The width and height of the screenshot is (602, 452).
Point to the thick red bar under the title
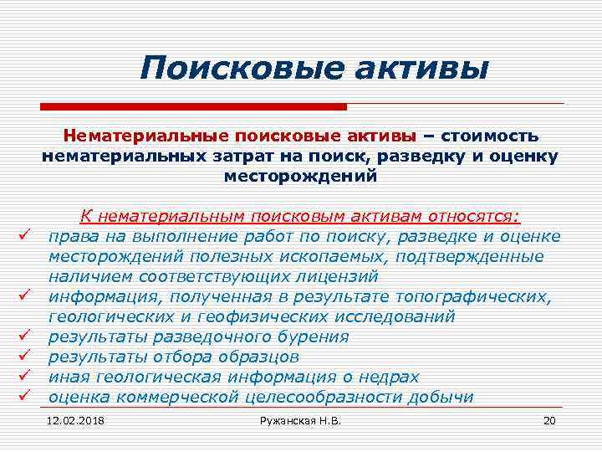point(193,106)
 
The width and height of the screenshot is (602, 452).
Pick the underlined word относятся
point(472,217)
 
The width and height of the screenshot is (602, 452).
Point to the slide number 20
point(549,420)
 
